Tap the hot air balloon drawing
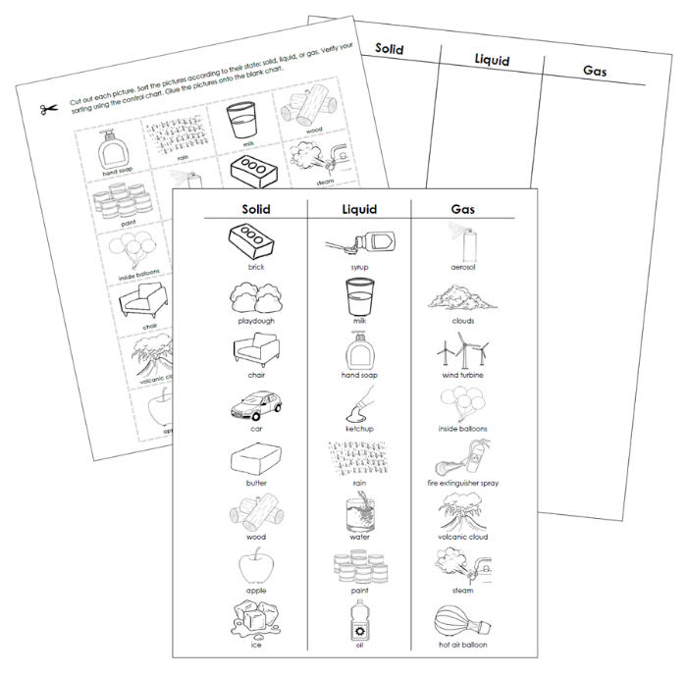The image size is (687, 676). pos(462,620)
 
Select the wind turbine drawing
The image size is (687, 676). pos(462,349)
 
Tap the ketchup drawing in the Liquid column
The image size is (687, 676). pos(358,403)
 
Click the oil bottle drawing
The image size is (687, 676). pos(358,620)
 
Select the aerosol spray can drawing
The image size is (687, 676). pos(462,239)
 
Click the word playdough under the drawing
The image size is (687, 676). pos(255,321)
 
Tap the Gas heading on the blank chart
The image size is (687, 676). pos(595,71)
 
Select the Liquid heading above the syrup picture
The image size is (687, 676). pos(359,209)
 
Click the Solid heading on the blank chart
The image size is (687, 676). pos(390,49)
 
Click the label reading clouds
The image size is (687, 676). pos(462,321)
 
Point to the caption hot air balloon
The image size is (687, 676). pos(462,645)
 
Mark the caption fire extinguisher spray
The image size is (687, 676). pos(462,483)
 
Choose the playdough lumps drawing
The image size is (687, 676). pos(255,295)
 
